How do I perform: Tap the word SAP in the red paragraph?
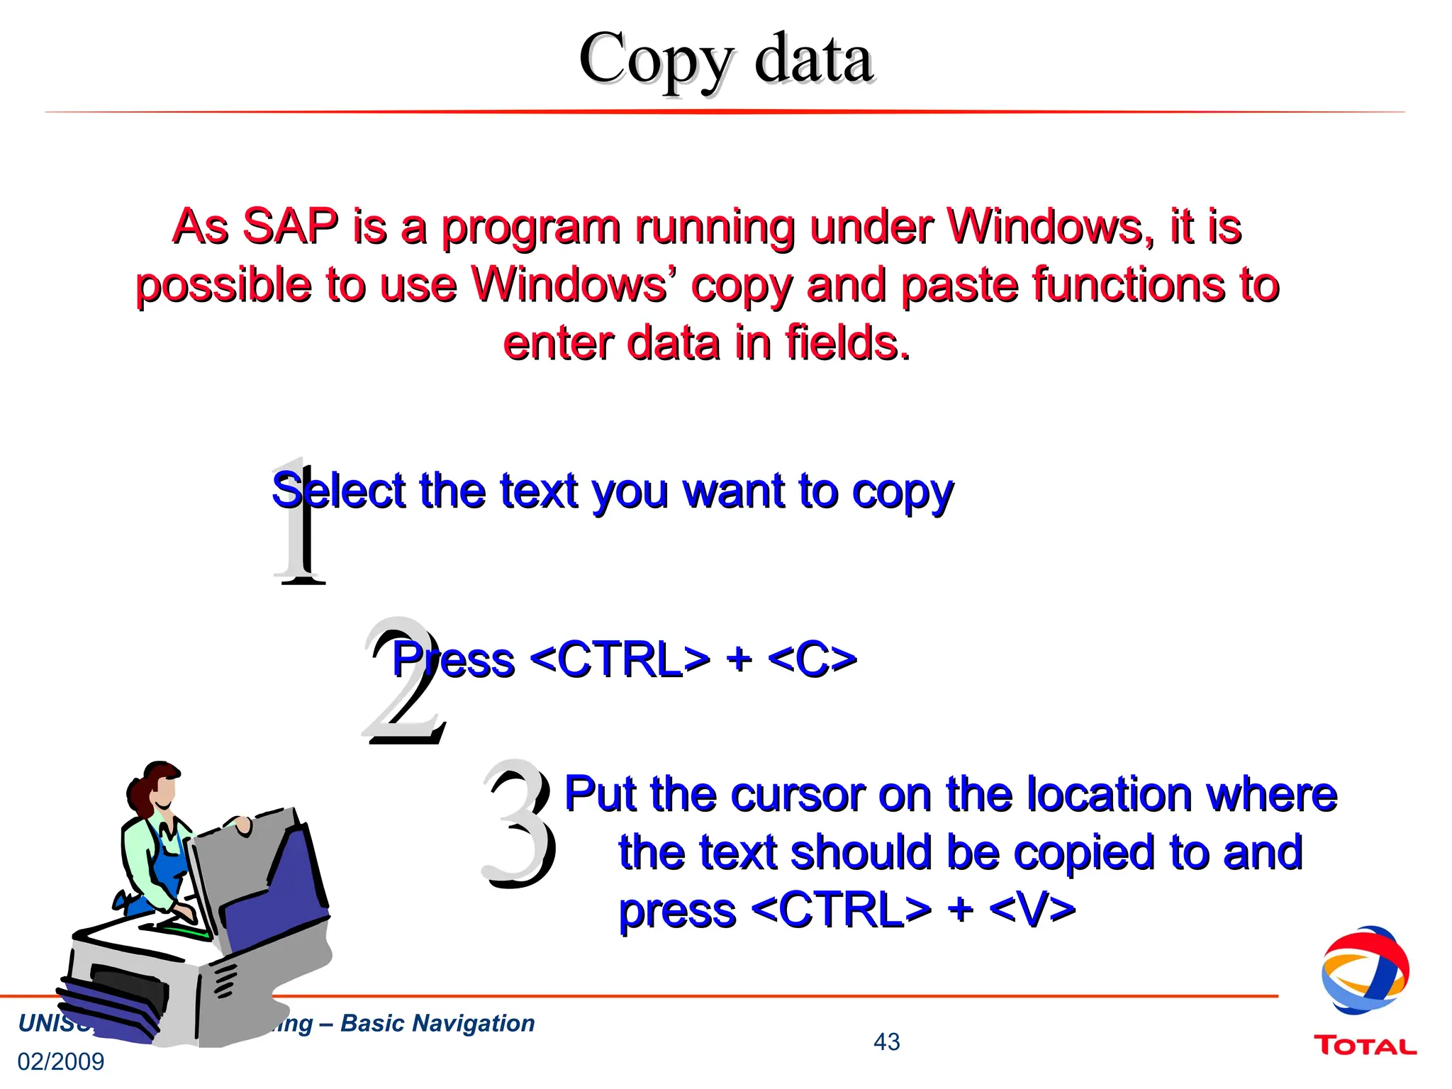point(291,227)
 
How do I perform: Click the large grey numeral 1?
point(301,525)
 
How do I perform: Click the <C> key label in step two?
point(812,659)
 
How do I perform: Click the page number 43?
point(886,1041)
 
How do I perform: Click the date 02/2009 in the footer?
point(61,1061)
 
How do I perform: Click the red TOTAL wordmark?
point(1365,1046)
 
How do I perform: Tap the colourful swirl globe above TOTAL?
point(1365,971)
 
